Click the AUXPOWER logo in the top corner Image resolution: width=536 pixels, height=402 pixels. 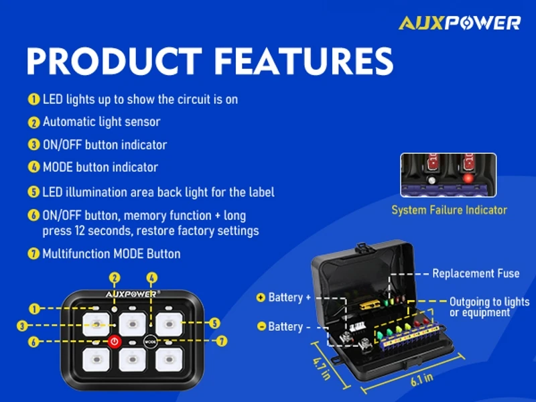pyautogui.click(x=460, y=23)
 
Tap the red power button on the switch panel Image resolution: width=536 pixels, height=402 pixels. pyautogui.click(x=115, y=341)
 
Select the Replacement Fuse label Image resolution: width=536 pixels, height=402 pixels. pyautogui.click(x=476, y=273)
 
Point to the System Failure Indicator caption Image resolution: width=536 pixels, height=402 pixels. pyautogui.click(x=449, y=210)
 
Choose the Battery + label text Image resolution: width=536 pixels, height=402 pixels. pyautogui.click(x=289, y=297)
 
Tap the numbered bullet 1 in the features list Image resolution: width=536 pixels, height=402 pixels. pyautogui.click(x=33, y=99)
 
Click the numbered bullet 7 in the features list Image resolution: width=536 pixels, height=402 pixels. pyautogui.click(x=33, y=254)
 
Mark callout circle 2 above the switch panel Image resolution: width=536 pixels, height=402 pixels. pyautogui.click(x=115, y=278)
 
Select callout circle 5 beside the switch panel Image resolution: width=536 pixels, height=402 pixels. pyautogui.click(x=214, y=323)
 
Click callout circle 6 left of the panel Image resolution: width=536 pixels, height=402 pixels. pyautogui.click(x=33, y=341)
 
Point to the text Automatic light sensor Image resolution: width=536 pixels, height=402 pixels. pyautogui.click(x=101, y=122)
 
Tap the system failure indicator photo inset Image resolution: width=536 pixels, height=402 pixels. pyautogui.click(x=448, y=175)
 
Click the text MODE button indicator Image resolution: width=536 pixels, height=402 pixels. pyautogui.click(x=100, y=167)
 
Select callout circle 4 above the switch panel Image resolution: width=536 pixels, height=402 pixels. pyautogui.click(x=152, y=278)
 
